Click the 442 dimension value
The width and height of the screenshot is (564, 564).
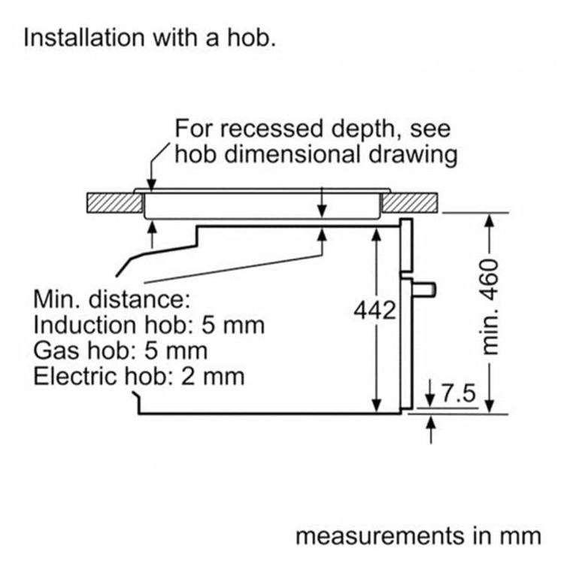[x=374, y=310]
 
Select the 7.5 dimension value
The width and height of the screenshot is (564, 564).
[x=458, y=393]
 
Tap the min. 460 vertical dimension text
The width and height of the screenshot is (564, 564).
[x=490, y=307]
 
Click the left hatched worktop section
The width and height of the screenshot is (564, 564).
[x=115, y=203]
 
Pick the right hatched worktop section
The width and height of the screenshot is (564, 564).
[x=410, y=203]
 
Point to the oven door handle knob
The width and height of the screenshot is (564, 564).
[x=424, y=290]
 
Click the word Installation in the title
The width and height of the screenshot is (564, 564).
[x=84, y=38]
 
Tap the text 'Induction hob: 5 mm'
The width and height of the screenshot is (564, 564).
[x=149, y=325]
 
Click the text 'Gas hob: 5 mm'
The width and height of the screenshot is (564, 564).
[x=120, y=350]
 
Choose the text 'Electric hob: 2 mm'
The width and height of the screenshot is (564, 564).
[x=139, y=376]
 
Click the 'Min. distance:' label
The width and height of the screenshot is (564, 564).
[x=111, y=299]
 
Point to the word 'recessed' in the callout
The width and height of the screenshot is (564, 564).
[x=271, y=129]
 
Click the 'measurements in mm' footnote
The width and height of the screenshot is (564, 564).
[x=418, y=536]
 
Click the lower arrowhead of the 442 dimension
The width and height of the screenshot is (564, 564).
[x=376, y=406]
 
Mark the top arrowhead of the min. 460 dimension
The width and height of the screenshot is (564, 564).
[x=490, y=220]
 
